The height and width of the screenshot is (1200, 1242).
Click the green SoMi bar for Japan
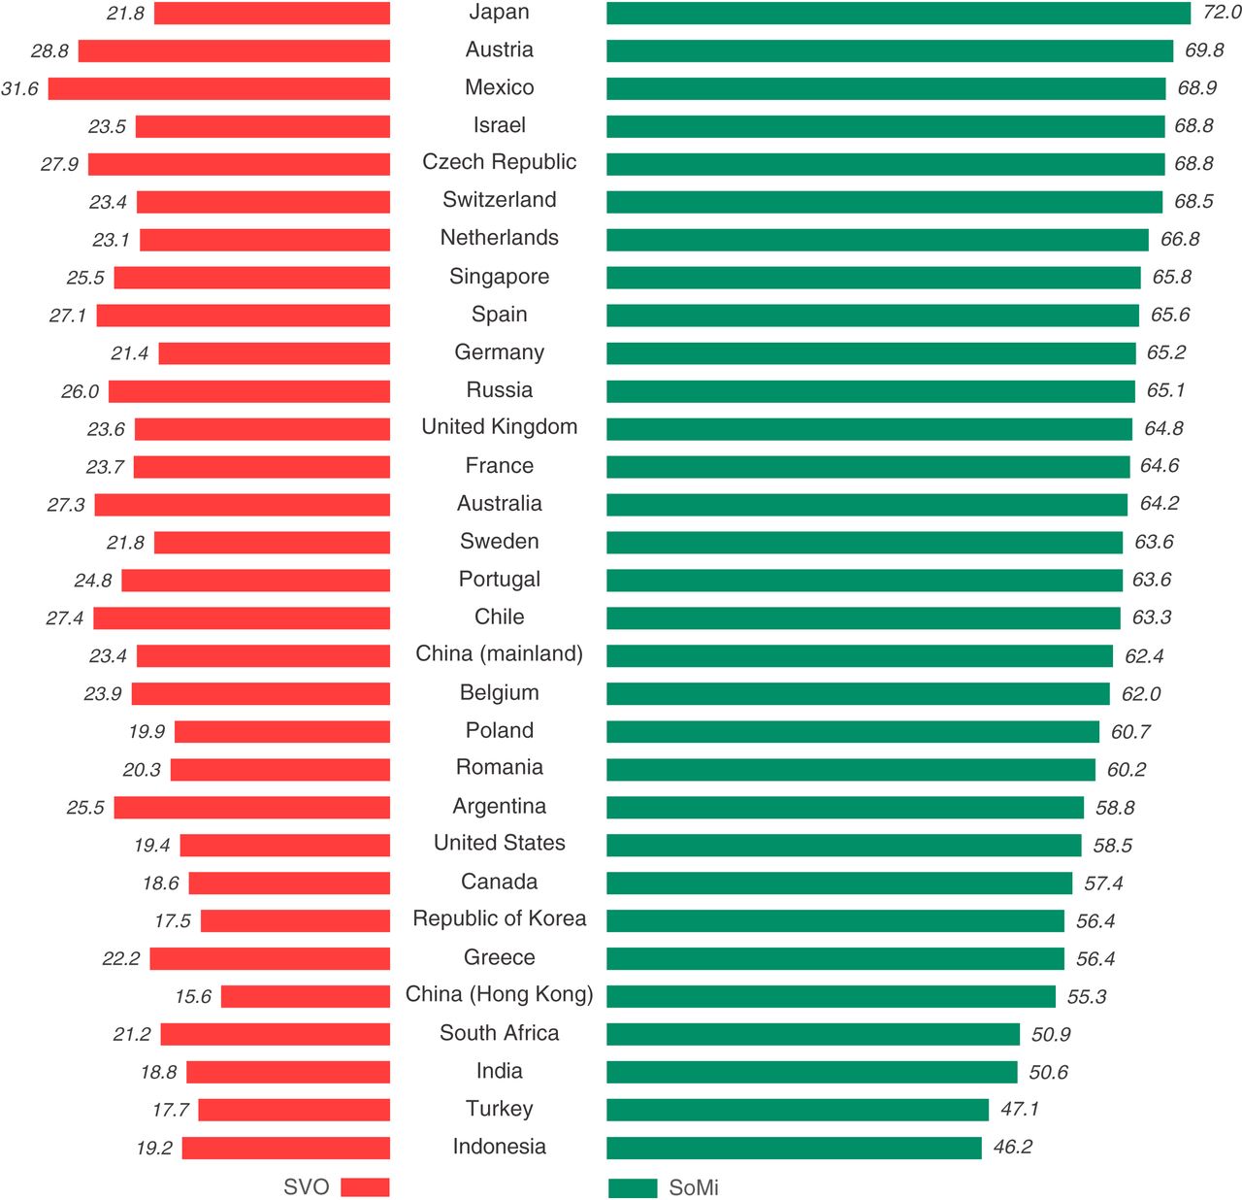[898, 13]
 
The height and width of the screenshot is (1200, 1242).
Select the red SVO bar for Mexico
[219, 88]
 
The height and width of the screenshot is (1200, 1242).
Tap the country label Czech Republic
[499, 162]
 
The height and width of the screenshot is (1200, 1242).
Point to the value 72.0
[1222, 13]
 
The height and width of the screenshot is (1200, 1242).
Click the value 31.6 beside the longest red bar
[19, 88]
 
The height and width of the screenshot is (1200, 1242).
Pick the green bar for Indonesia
[794, 1148]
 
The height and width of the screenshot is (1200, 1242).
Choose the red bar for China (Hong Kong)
[305, 996]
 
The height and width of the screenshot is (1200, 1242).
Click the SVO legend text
[306, 1186]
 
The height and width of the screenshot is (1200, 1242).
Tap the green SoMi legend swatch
[633, 1187]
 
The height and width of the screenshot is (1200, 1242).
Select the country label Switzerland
[499, 200]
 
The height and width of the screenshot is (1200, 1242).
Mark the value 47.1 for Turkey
[1019, 1109]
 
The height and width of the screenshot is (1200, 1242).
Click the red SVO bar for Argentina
[251, 807]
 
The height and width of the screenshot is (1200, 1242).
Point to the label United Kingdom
[499, 427]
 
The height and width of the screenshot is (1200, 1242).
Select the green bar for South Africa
[813, 1034]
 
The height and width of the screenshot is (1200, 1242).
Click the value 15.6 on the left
[193, 996]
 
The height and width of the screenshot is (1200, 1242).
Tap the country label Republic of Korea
[499, 918]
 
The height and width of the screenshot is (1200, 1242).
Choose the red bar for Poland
[281, 731]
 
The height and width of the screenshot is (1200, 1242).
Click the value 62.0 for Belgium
[1141, 694]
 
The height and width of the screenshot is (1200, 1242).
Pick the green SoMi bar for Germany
[870, 352]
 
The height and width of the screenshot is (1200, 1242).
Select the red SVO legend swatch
[365, 1186]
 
